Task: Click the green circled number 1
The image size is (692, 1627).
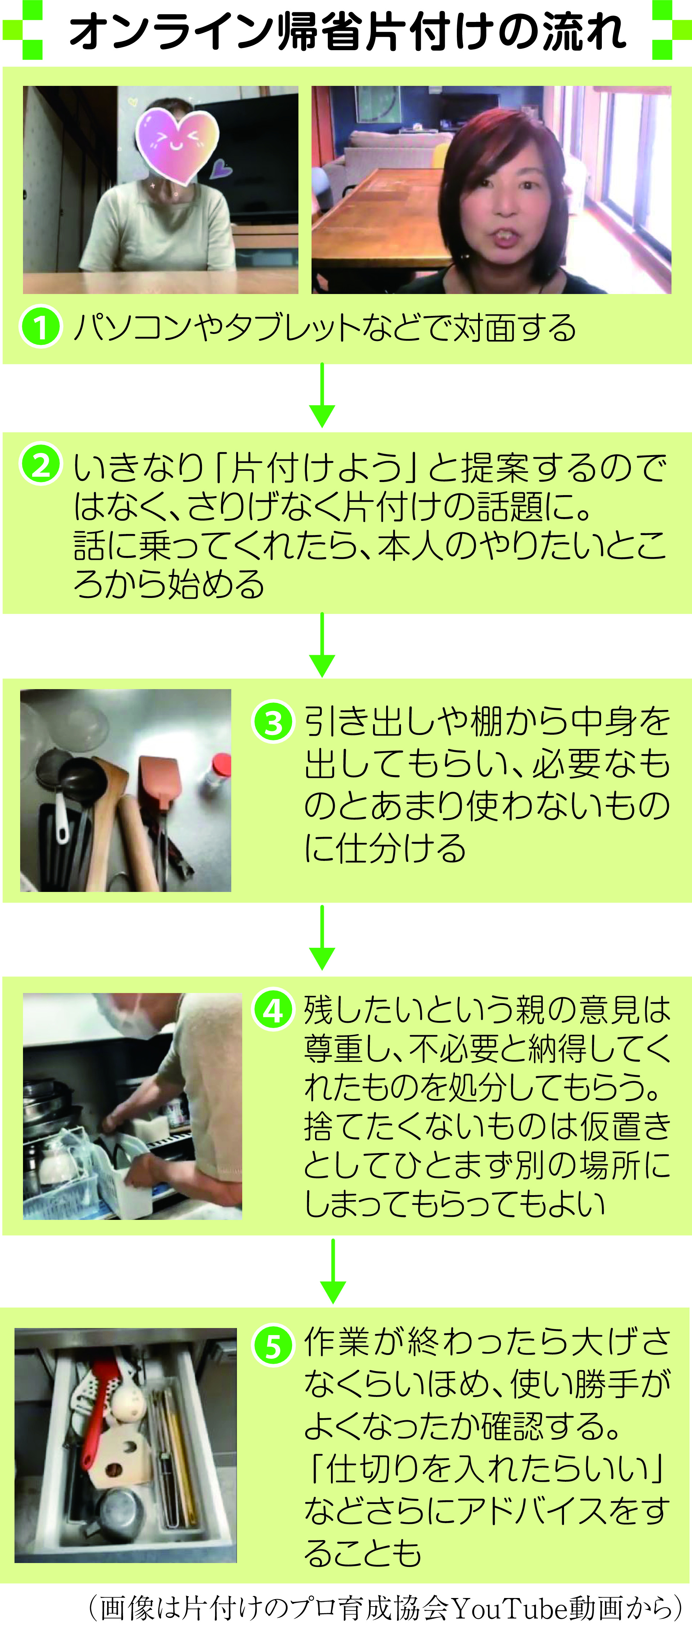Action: (40, 327)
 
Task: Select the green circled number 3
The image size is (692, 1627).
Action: (273, 722)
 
